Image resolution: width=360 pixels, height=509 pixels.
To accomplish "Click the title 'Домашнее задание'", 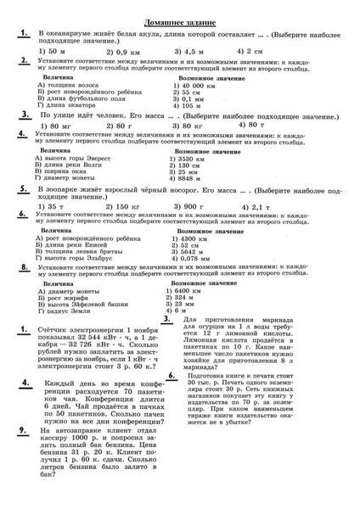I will [x=179, y=18].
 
